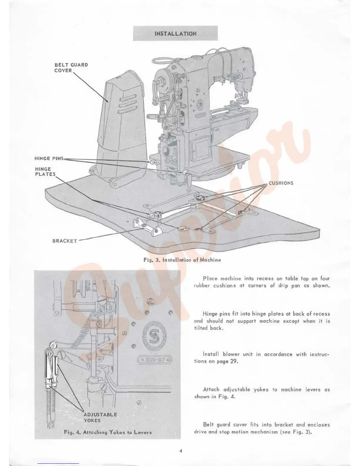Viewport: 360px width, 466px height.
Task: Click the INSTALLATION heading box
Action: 175,33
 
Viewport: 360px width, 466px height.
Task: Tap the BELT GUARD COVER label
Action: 71,68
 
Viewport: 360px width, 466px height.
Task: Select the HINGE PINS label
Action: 49,158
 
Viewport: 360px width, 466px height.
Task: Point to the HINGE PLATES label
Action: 45,172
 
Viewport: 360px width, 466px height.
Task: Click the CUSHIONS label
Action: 281,183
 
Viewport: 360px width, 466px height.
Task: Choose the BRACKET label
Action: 65,241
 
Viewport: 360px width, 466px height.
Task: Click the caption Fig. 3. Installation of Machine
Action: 182,260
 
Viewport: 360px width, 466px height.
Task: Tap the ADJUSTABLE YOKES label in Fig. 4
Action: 100,417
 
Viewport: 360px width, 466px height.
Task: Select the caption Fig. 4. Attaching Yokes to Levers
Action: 108,432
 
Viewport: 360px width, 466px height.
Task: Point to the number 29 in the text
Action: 234,361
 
